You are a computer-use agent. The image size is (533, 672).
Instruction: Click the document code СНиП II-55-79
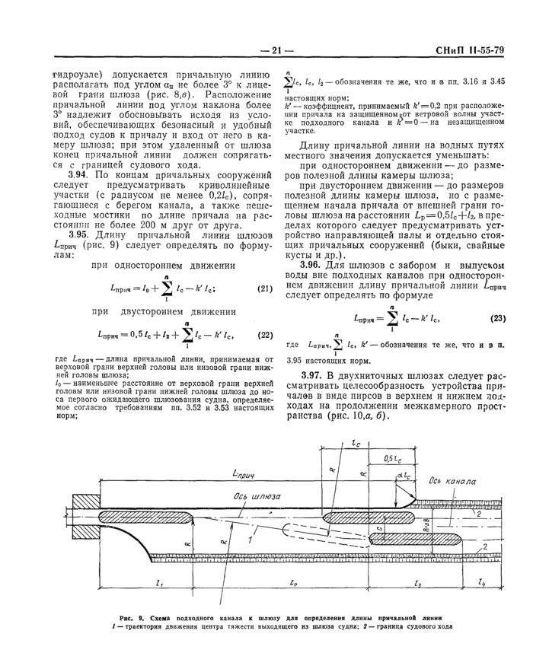click(468, 51)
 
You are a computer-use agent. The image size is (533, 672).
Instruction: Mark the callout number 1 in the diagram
click(247, 538)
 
